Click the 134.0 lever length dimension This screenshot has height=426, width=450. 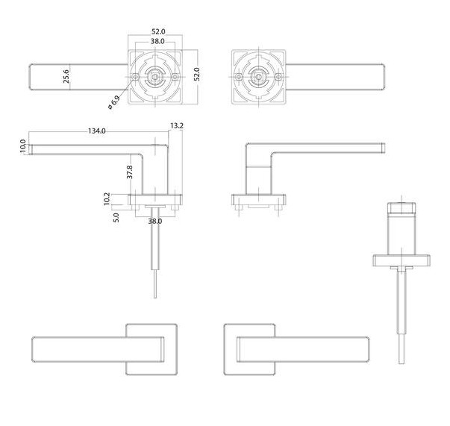(x=97, y=131)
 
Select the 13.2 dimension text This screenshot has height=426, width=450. (x=177, y=127)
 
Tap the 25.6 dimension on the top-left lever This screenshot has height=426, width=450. (x=67, y=78)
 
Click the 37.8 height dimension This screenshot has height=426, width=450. (x=130, y=172)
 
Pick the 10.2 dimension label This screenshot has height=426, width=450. (x=107, y=199)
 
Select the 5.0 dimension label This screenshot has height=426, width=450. (x=116, y=218)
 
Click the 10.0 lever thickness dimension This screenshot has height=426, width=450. (x=22, y=146)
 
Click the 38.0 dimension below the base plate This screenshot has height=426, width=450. (x=154, y=222)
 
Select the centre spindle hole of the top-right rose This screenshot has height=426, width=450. (x=258, y=78)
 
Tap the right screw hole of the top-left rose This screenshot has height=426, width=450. (x=176, y=78)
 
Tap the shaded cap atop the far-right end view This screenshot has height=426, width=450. (x=402, y=207)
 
